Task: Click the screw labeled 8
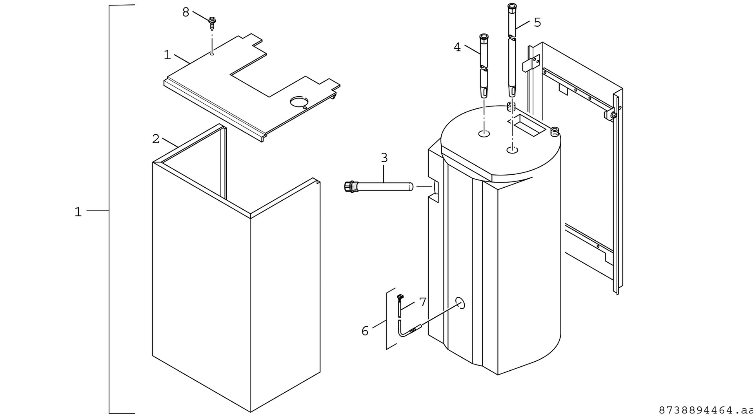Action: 213,24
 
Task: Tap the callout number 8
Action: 186,13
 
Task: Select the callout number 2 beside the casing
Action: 156,139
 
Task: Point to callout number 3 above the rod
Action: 384,158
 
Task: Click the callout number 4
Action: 457,48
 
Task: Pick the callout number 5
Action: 537,23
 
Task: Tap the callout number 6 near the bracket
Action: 365,331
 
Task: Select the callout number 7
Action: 422,302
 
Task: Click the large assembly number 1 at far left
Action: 78,212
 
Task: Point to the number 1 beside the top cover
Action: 167,55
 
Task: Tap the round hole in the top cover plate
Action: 299,102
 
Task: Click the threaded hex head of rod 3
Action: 348,186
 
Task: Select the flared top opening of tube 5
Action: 511,7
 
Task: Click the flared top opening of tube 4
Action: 484,37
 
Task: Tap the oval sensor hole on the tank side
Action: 460,303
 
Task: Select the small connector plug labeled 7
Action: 400,298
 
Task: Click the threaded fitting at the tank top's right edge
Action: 555,132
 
